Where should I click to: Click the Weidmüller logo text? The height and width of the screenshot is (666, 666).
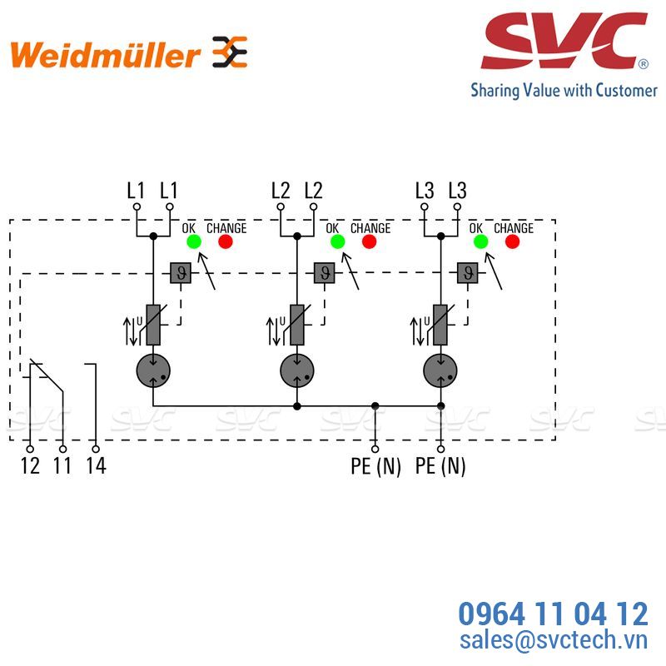pyautogui.click(x=105, y=54)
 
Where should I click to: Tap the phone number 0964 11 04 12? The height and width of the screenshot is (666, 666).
pyautogui.click(x=553, y=614)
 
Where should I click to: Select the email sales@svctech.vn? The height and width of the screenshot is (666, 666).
pyautogui.click(x=554, y=640)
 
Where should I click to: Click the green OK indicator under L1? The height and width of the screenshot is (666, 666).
pyautogui.click(x=194, y=241)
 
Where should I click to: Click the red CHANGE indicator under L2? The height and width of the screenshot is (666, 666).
pyautogui.click(x=369, y=241)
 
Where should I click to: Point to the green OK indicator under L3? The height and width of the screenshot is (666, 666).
pyautogui.click(x=481, y=241)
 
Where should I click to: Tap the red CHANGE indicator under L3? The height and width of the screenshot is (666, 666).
pyautogui.click(x=512, y=241)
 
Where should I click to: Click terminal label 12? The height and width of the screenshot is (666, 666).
pyautogui.click(x=30, y=466)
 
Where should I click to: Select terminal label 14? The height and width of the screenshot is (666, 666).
pyautogui.click(x=96, y=466)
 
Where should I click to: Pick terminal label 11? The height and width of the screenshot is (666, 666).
pyautogui.click(x=62, y=466)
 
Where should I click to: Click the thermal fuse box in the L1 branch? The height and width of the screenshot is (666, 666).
pyautogui.click(x=181, y=273)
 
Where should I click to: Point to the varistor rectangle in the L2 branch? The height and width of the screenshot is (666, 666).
pyautogui.click(x=297, y=325)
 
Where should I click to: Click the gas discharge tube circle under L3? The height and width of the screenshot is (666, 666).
pyautogui.click(x=440, y=370)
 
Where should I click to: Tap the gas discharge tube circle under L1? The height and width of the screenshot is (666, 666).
pyautogui.click(x=153, y=370)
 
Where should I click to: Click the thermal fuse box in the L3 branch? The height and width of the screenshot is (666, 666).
pyautogui.click(x=468, y=273)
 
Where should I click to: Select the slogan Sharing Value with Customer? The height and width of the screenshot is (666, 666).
pyautogui.click(x=564, y=91)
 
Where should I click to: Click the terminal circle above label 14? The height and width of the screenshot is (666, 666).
pyautogui.click(x=96, y=449)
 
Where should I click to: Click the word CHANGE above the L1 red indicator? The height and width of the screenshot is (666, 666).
pyautogui.click(x=226, y=228)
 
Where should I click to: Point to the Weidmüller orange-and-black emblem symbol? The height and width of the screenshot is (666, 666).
pyautogui.click(x=230, y=52)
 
